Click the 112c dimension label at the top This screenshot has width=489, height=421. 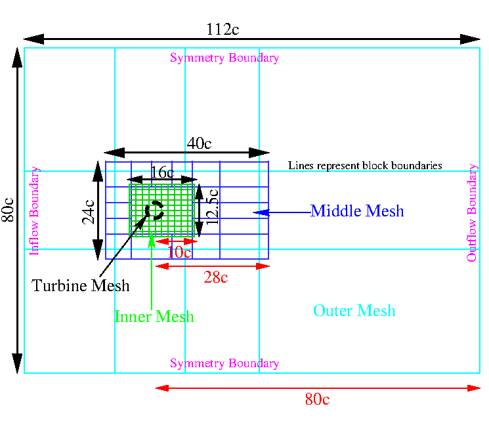pos(223,30)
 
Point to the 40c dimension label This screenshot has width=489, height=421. pos(199,144)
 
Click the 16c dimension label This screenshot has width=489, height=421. pos(162,172)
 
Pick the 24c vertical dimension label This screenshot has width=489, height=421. pos(89,211)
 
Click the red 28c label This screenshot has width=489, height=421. pos(215,277)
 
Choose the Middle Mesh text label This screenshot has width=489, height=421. pos(357,211)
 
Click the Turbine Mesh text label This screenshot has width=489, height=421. pos(81,286)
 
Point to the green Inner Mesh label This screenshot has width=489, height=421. pos(154,317)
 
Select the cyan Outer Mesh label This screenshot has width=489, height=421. pos(354,310)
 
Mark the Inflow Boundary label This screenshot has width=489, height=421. pos(35,210)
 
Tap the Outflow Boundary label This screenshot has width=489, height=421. pos(472,212)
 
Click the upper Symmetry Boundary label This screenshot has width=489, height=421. pos(224,58)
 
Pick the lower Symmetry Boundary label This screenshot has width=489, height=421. pos(224,363)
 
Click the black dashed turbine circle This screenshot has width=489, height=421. pos(155,210)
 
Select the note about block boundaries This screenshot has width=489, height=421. pos(365,166)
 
